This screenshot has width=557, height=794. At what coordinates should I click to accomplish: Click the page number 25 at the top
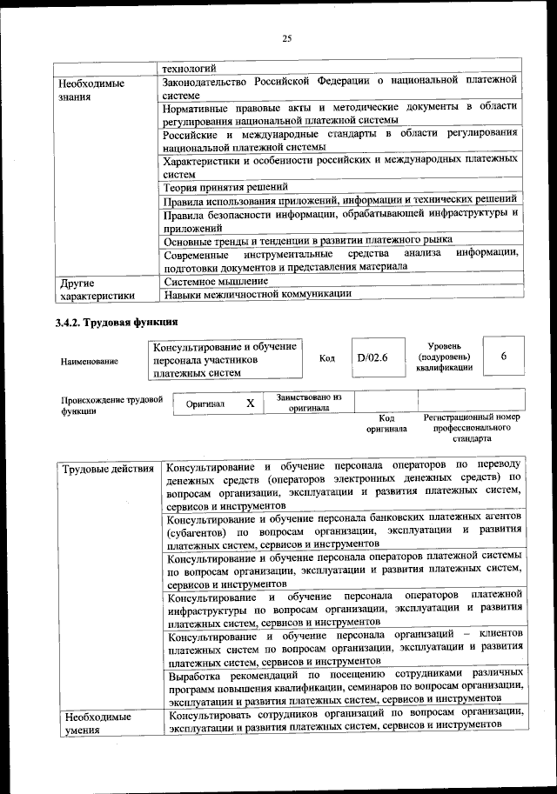point(286,37)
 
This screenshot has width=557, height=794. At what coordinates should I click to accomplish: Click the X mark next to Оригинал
point(250,404)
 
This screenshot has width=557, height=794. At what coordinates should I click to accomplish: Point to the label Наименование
point(90,360)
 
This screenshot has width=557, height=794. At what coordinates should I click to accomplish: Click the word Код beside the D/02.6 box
point(327,358)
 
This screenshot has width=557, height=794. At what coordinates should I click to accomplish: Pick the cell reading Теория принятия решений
point(225,187)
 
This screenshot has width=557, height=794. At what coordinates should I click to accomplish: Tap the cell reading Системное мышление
point(215,281)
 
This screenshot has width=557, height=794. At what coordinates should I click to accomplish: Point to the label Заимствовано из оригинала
point(309,402)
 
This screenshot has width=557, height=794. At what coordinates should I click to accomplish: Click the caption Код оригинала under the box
point(386,424)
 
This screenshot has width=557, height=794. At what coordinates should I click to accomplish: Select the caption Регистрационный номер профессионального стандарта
point(471,428)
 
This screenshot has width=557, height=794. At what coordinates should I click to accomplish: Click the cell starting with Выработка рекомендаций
point(346,685)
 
